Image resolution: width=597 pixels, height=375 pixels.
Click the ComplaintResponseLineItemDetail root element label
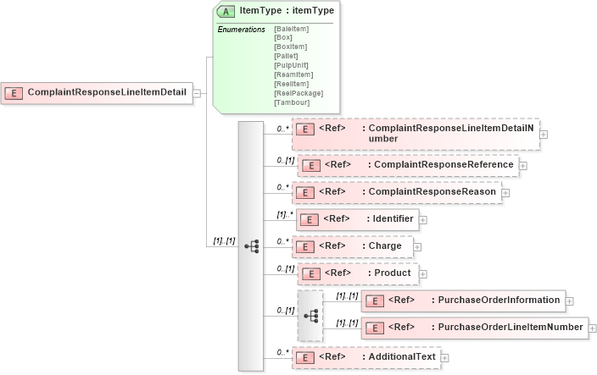point(107,92)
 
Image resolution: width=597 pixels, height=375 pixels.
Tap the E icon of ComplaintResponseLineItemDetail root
point(14,92)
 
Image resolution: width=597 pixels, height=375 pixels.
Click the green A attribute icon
point(226,12)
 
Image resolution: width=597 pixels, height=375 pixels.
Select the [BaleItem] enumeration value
point(291,30)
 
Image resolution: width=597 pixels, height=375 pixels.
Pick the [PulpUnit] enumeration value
point(291,65)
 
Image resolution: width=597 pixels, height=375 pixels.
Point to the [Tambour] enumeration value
point(291,102)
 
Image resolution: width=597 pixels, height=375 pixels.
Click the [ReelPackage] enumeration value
point(298,93)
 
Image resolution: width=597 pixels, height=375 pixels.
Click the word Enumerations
point(241,30)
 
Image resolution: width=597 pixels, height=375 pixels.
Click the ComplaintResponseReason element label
point(428,192)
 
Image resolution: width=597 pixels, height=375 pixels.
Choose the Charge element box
point(353,246)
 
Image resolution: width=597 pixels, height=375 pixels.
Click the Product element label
point(393,273)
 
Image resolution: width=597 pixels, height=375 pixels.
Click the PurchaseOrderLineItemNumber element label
point(507,327)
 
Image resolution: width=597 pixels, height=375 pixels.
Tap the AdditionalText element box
point(365,357)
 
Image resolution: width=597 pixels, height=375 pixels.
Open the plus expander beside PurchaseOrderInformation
point(570,301)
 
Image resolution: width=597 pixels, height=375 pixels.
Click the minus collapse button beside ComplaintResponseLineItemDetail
point(197,92)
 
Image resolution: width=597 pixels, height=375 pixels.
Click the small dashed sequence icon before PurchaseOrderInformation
point(310,315)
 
